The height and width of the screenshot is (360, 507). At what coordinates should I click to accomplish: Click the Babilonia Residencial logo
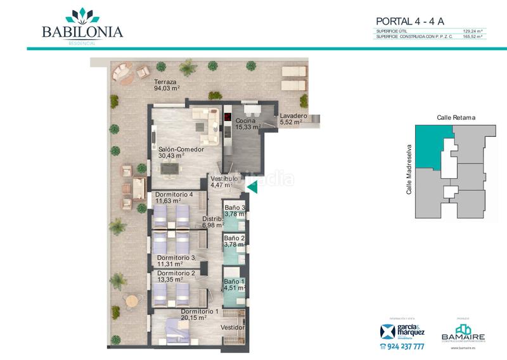(82, 25)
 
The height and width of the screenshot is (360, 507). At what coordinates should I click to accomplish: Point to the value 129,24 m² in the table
(473, 30)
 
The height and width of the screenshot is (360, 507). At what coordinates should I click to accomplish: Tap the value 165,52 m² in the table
(473, 37)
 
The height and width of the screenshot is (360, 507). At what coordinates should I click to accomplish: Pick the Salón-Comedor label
(181, 150)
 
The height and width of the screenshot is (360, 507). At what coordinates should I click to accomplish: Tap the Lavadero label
(293, 117)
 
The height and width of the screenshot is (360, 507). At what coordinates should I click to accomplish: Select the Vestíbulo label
(224, 179)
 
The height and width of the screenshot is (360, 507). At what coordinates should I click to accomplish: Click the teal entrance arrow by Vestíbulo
(253, 186)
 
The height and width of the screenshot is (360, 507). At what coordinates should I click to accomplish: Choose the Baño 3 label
(234, 207)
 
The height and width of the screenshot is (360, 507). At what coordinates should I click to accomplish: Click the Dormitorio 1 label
(200, 311)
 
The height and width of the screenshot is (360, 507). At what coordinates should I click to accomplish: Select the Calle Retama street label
(456, 117)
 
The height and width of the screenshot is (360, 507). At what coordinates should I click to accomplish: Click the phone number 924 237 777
(402, 347)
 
